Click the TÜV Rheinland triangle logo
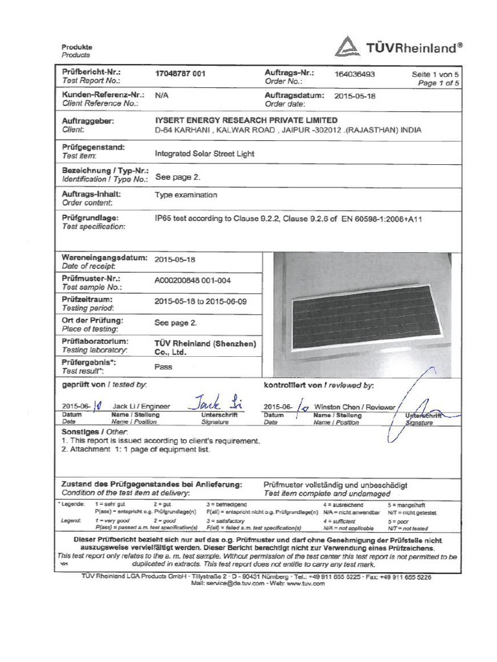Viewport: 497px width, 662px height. [348, 47]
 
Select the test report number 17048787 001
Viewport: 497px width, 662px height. [181, 74]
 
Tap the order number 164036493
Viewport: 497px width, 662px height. [354, 74]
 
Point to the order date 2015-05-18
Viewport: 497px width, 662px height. [355, 96]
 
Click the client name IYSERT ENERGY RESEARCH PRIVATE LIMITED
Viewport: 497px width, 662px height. [247, 120]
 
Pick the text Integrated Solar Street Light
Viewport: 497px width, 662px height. [205, 154]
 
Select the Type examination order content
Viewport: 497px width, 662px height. [186, 195]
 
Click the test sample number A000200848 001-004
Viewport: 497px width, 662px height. [193, 281]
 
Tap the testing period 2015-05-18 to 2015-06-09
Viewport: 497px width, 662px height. [201, 301]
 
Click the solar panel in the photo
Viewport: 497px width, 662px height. [366, 317]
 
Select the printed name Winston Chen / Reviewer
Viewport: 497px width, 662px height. [349, 407]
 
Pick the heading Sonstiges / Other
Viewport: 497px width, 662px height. [94, 431]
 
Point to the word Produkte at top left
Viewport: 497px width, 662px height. [77, 47]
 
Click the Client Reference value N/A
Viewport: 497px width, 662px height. [162, 94]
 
